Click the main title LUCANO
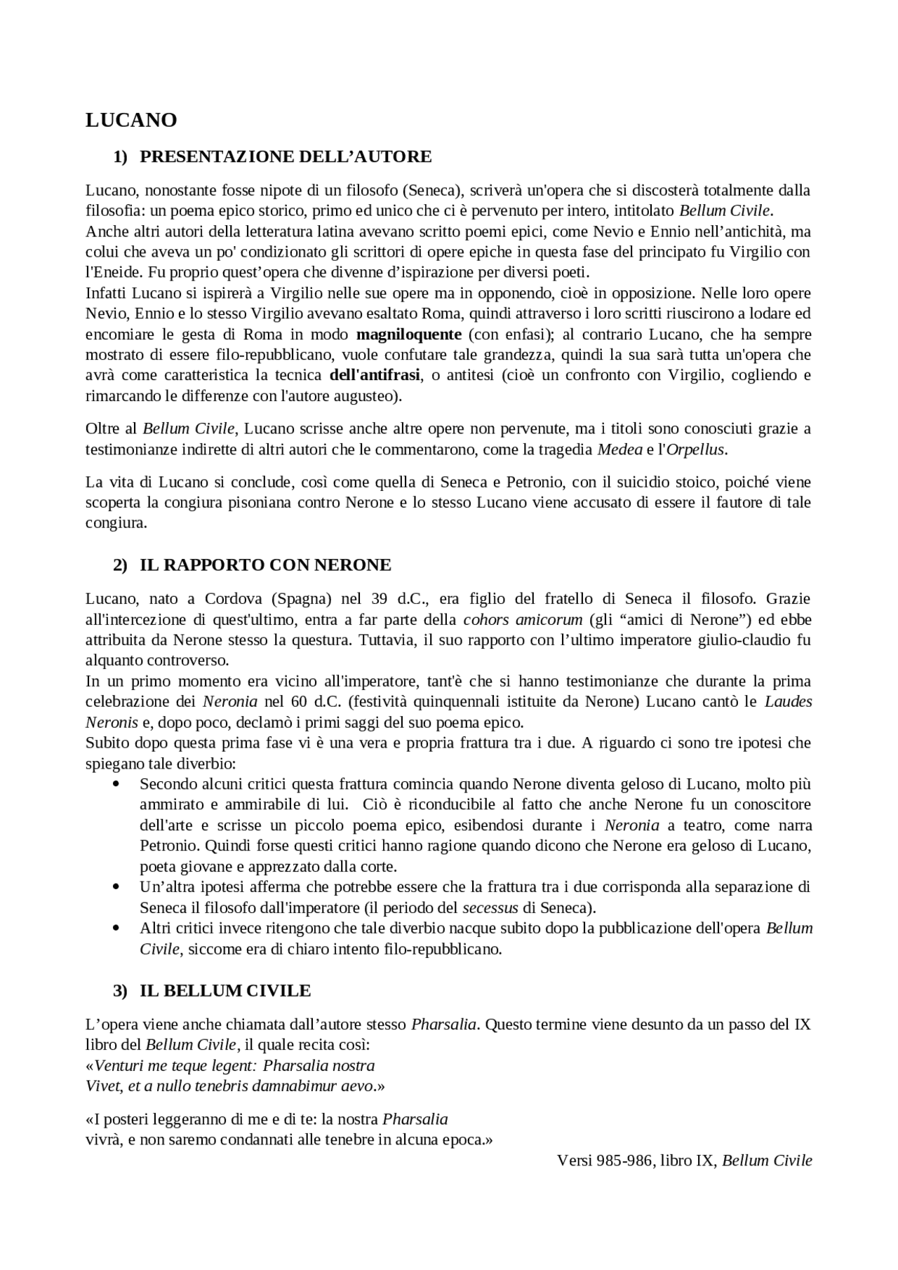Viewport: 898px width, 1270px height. (131, 121)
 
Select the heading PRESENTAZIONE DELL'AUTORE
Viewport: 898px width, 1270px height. (286, 156)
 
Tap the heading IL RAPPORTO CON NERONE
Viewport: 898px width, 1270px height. (265, 565)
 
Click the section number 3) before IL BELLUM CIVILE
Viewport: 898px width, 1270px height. (120, 990)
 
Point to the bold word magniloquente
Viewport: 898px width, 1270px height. (409, 334)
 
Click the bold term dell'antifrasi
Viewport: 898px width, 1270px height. (375, 375)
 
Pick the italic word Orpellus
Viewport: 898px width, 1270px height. (695, 450)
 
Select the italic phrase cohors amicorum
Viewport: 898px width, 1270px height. (523, 619)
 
